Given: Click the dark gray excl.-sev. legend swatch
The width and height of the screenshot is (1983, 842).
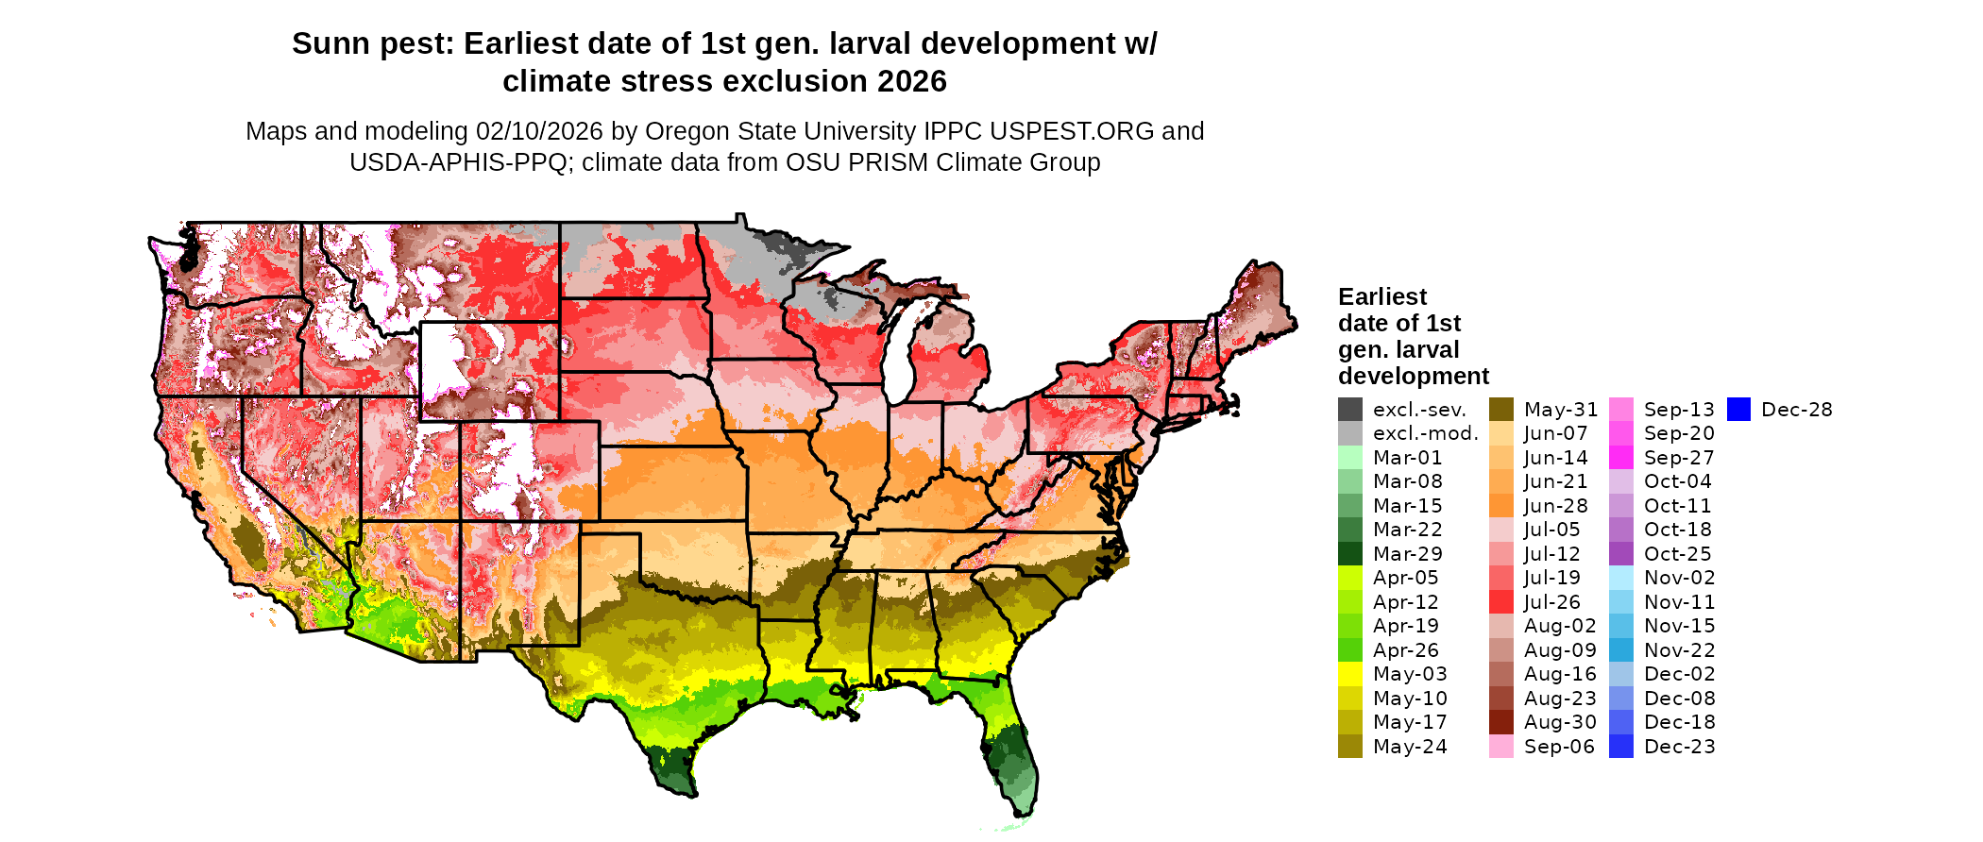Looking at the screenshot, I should pyautogui.click(x=1349, y=410).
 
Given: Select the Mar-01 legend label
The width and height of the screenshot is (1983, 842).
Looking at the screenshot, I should pyautogui.click(x=1407, y=458).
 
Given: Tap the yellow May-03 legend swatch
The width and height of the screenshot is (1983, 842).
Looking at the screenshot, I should pyautogui.click(x=1349, y=674).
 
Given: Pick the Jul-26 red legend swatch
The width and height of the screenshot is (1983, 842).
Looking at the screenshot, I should pyautogui.click(x=1500, y=602).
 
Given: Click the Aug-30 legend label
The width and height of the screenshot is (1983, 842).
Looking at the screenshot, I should pyautogui.click(x=1560, y=722).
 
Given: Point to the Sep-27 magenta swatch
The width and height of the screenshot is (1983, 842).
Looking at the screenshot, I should pyautogui.click(x=1620, y=458).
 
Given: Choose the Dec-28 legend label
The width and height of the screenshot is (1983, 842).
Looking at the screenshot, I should pyautogui.click(x=1796, y=410).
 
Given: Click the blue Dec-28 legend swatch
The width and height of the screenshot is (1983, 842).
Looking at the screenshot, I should pyautogui.click(x=1738, y=410).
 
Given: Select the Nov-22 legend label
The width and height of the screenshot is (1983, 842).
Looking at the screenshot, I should pyautogui.click(x=1679, y=650).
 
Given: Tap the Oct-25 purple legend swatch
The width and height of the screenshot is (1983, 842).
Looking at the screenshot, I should pyautogui.click(x=1620, y=554).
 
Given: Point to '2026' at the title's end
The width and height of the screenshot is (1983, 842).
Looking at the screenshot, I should pyautogui.click(x=911, y=82).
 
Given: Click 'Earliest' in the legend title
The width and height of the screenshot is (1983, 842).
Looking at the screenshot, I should pyautogui.click(x=1382, y=297).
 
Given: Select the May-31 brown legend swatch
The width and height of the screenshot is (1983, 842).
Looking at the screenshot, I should pyautogui.click(x=1500, y=410).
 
